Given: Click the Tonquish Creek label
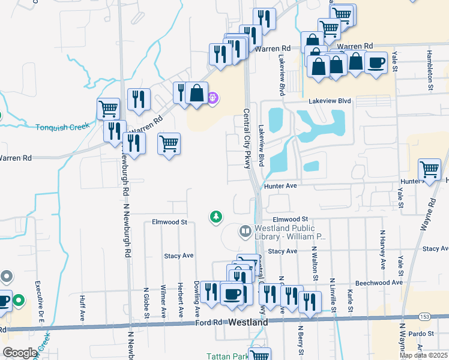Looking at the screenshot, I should (62, 127).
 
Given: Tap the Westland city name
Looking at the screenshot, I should (249, 323).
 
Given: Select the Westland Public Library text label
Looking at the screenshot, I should (290, 232).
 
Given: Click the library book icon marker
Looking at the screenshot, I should (246, 231).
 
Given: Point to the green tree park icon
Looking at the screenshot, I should (215, 217).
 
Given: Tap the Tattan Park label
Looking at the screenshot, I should (227, 356).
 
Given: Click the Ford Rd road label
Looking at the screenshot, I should (209, 323).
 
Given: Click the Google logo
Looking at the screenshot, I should (19, 353).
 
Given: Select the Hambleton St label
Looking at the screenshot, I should (430, 70).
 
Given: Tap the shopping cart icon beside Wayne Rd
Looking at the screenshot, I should (430, 169).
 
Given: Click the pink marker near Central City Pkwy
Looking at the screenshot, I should (212, 97).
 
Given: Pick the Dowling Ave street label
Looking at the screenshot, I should (196, 298).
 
